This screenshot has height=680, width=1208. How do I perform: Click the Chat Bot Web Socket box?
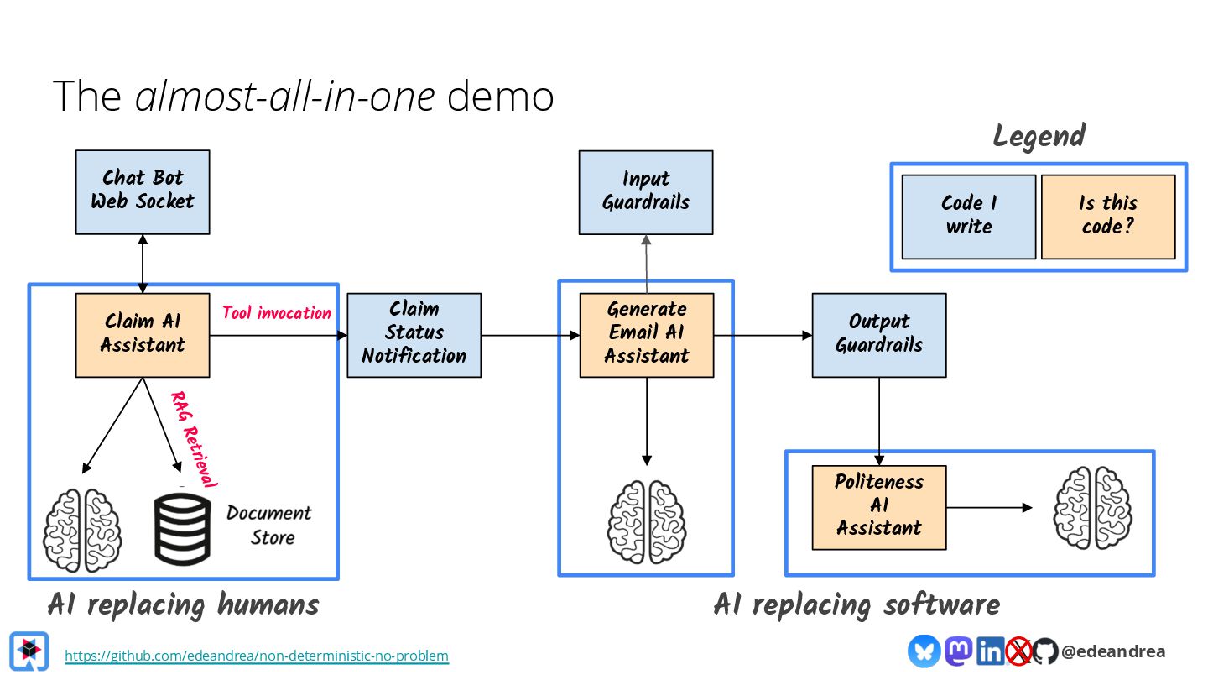click(143, 191)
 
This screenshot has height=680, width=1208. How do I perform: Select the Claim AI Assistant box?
click(143, 334)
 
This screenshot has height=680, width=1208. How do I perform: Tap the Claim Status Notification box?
click(414, 334)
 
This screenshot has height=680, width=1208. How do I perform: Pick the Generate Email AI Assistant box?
click(646, 334)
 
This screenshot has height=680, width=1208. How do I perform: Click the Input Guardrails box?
click(646, 191)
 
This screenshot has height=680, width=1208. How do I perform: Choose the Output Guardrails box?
click(878, 334)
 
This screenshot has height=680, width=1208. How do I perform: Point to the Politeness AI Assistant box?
click(878, 507)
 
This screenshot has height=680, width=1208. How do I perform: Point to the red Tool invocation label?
click(277, 313)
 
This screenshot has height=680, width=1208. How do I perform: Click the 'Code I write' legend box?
click(968, 216)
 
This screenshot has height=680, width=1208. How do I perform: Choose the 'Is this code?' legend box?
click(1107, 216)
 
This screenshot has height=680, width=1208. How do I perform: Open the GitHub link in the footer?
click(257, 656)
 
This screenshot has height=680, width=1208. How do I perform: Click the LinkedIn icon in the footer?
click(990, 651)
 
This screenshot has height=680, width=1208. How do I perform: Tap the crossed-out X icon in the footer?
click(1018, 651)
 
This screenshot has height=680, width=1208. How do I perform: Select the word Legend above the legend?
click(1039, 136)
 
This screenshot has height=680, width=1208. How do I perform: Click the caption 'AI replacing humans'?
click(183, 604)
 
